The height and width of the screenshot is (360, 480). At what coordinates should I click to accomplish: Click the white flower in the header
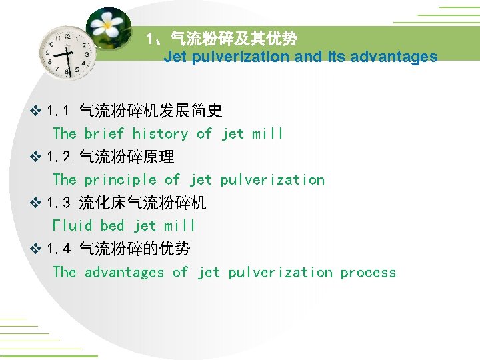[107, 26]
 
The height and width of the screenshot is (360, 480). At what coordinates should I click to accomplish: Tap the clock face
[67, 52]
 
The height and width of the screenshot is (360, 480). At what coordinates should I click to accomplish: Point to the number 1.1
[59, 111]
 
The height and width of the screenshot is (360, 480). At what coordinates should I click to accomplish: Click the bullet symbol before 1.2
[37, 157]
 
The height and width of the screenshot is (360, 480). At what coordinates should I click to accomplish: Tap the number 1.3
[59, 203]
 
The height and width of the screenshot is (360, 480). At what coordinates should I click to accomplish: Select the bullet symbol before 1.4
[37, 249]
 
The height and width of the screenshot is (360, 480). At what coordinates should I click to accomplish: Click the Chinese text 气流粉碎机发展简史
[151, 111]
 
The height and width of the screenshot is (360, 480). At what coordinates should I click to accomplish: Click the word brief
[104, 134]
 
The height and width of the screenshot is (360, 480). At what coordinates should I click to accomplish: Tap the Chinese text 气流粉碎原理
[127, 157]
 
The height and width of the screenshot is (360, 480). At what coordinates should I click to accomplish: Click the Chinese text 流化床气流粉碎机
[143, 203]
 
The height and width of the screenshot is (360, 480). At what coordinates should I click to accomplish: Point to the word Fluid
[72, 226]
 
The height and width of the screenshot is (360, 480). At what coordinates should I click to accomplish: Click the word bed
[112, 226]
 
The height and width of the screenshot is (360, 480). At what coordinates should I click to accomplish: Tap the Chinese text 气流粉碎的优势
[135, 249]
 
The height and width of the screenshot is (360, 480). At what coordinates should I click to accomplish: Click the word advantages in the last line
[124, 273]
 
